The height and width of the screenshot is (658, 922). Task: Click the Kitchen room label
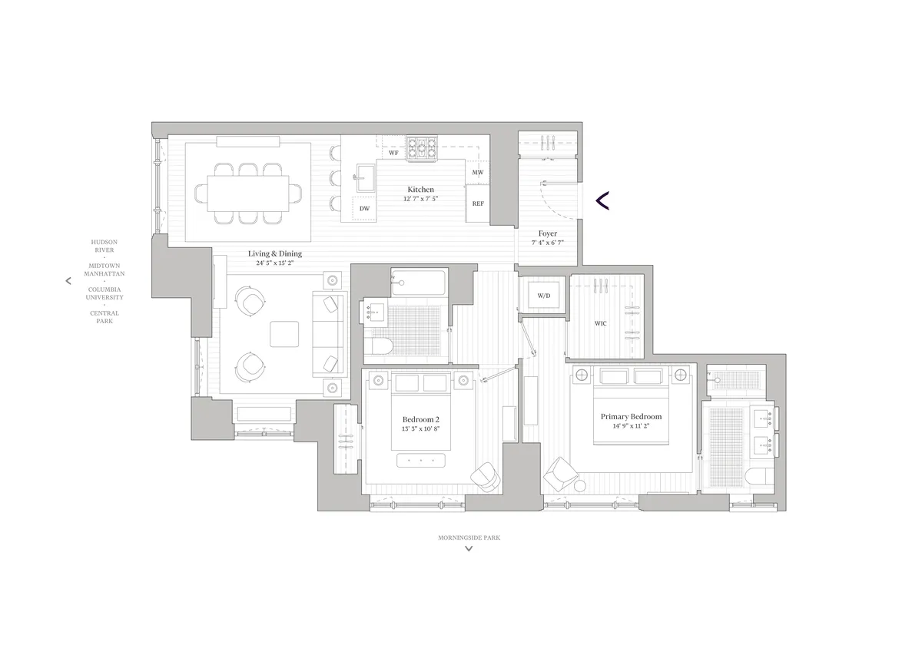click(x=420, y=189)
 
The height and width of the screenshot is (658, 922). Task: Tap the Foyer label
click(x=547, y=233)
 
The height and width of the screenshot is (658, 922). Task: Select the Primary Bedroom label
click(x=631, y=417)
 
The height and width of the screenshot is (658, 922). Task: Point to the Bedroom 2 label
click(x=420, y=419)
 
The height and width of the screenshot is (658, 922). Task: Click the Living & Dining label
click(x=274, y=253)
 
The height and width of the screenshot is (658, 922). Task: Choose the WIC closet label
click(x=600, y=323)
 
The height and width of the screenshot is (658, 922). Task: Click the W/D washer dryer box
click(x=543, y=296)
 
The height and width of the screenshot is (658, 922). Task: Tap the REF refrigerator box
click(x=478, y=203)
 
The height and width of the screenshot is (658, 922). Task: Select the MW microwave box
click(x=478, y=173)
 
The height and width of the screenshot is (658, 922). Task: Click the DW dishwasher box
click(x=364, y=208)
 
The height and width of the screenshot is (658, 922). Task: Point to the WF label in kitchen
click(x=393, y=153)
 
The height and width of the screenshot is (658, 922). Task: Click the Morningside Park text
click(x=469, y=538)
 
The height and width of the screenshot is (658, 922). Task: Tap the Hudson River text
click(x=104, y=245)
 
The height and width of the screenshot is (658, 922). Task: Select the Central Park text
click(x=104, y=316)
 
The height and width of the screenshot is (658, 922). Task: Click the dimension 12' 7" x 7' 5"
click(x=420, y=199)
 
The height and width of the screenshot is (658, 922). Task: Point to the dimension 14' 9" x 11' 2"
click(x=631, y=427)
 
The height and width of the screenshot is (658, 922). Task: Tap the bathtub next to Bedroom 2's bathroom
click(x=419, y=283)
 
